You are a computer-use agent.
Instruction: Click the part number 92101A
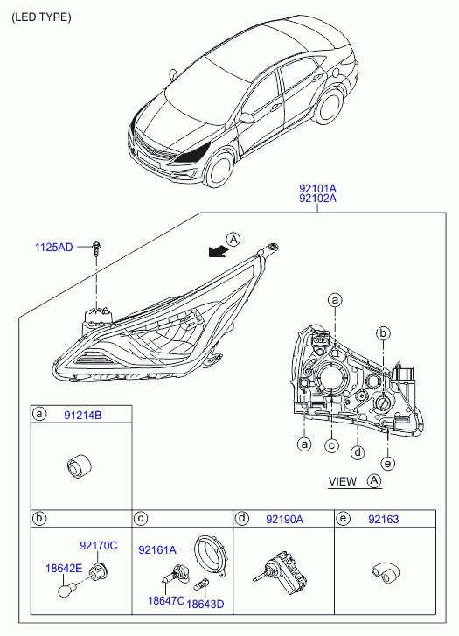318,189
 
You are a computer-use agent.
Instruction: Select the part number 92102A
318,199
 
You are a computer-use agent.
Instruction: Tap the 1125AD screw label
54,247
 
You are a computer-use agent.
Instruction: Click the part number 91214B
83,415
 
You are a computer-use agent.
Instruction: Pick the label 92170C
99,546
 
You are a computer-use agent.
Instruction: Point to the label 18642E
64,569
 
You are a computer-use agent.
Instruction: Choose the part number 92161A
157,549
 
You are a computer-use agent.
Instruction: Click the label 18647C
166,600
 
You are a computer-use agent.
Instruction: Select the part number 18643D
205,604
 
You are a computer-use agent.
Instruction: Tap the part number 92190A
285,519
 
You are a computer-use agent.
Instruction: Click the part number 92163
384,519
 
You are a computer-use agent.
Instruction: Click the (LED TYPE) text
41,17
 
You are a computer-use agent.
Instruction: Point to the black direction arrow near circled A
218,252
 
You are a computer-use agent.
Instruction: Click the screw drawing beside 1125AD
96,248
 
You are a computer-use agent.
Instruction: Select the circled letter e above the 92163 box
388,463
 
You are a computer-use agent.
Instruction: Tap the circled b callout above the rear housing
383,333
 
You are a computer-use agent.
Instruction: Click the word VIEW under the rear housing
343,481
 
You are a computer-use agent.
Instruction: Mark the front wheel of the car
220,171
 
